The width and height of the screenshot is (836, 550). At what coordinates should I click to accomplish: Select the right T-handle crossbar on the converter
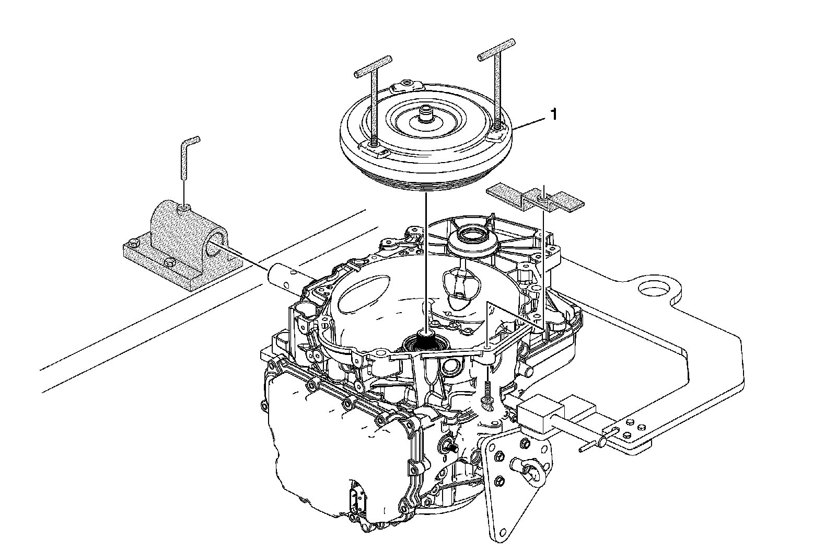point(496,48)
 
